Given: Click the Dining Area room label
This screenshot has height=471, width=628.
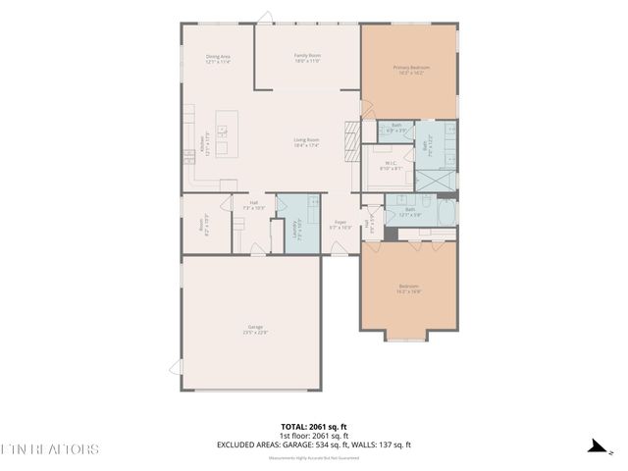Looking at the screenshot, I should (218, 59).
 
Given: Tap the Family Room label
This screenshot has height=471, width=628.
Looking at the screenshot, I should (307, 58).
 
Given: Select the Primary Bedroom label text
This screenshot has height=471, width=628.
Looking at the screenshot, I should (410, 70).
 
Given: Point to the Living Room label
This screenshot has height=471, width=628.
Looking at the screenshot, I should (307, 142).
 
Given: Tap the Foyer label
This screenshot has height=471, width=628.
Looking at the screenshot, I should (340, 225).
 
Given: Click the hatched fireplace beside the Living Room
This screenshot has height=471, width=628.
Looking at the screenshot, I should (350, 139).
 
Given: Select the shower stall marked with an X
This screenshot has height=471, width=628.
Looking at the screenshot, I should (437, 178).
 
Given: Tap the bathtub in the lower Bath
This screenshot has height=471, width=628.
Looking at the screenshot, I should (445, 215).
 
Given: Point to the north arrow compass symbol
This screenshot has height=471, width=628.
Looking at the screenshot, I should (596, 446).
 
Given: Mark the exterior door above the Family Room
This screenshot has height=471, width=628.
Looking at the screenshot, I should (265, 17).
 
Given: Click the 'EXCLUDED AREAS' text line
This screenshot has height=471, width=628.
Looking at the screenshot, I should (313, 445).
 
